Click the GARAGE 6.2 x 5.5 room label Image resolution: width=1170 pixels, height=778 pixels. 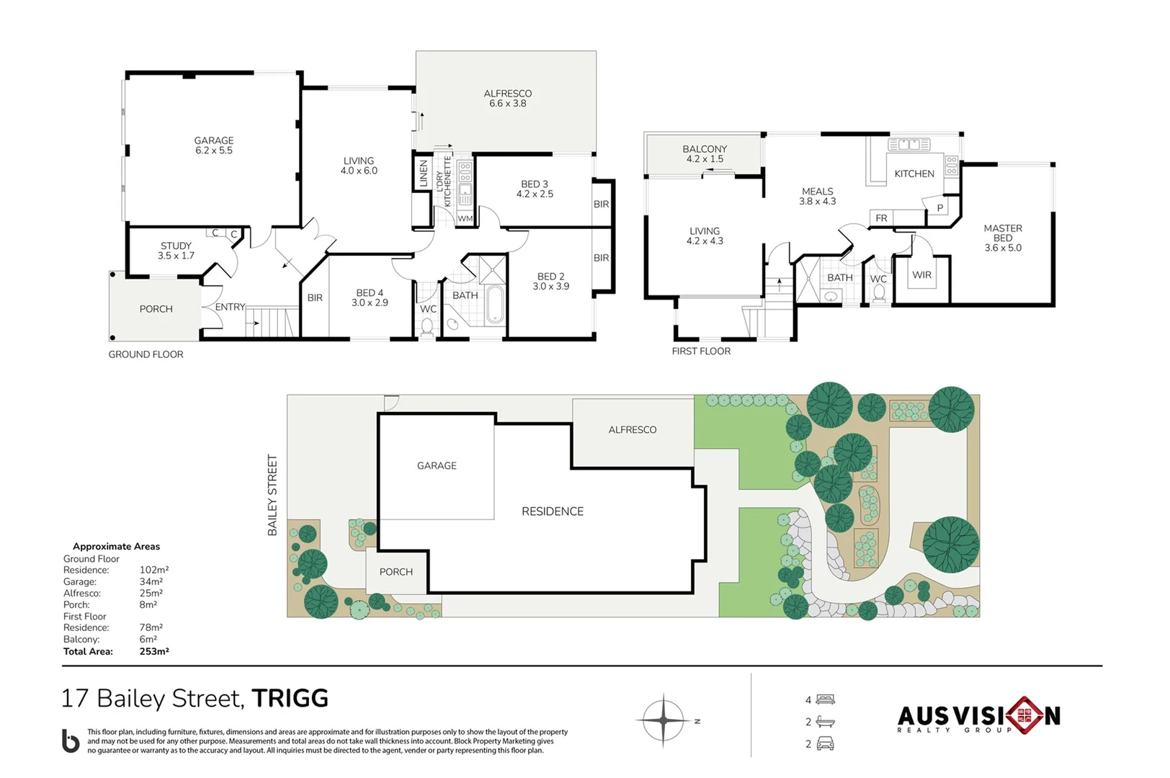pyautogui.click(x=214, y=146)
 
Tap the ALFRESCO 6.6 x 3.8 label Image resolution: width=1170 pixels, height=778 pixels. pyautogui.click(x=508, y=98)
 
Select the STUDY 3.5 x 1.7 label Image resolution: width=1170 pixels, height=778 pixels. pyautogui.click(x=176, y=251)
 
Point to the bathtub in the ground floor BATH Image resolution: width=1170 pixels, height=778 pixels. pyautogui.click(x=495, y=304)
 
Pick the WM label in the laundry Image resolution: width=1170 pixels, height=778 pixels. pyautogui.click(x=465, y=219)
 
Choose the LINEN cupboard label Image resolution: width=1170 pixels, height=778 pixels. pyautogui.click(x=424, y=174)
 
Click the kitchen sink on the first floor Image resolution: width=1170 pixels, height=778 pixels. pyautogui.click(x=909, y=144)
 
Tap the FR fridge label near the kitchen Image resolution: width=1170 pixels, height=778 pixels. pyautogui.click(x=881, y=218)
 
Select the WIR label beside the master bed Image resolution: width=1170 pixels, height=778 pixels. pyautogui.click(x=922, y=274)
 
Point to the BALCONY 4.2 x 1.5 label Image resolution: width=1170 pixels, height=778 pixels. pyautogui.click(x=705, y=154)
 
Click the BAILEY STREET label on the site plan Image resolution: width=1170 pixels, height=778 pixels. pyautogui.click(x=272, y=495)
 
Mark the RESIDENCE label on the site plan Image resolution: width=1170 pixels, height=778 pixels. pyautogui.click(x=553, y=511)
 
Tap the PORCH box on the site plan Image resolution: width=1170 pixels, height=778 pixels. pyautogui.click(x=396, y=571)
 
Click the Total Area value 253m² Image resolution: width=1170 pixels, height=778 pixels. pyautogui.click(x=154, y=651)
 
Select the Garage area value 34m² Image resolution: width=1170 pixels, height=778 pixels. pyautogui.click(x=151, y=581)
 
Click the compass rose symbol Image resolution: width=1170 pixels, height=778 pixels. pyautogui.click(x=664, y=720)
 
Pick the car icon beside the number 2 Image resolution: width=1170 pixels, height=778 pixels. pyautogui.click(x=826, y=743)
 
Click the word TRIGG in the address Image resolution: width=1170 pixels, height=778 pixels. pyautogui.click(x=290, y=699)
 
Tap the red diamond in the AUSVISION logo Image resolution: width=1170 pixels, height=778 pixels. pyautogui.click(x=1026, y=715)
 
